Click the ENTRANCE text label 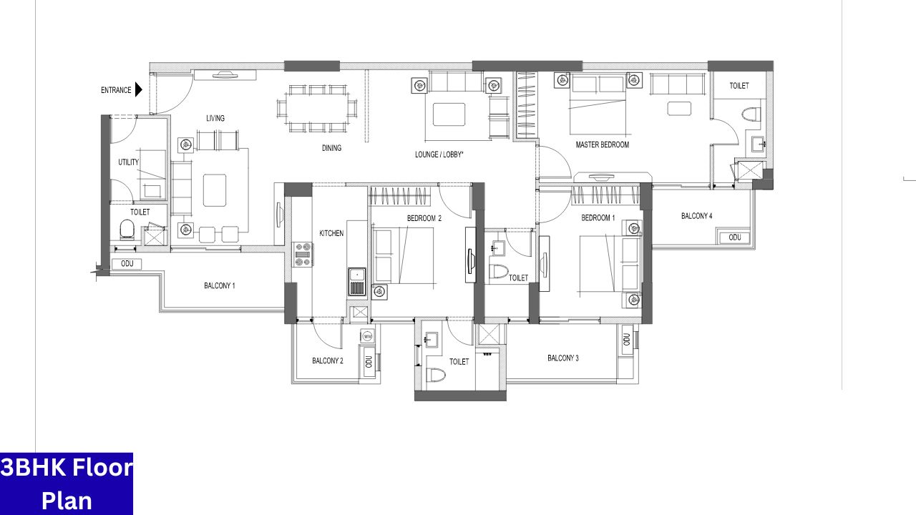[116, 90]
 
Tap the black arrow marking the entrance [139, 90]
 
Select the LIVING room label [215, 118]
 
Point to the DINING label [331, 148]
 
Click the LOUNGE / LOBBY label [439, 154]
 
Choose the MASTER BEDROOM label [603, 144]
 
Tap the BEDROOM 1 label [598, 217]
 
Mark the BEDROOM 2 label [424, 217]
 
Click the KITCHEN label [331, 233]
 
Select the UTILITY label [129, 162]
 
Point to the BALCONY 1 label [220, 285]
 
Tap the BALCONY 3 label [563, 358]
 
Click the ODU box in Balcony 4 [734, 237]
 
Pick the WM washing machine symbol [368, 335]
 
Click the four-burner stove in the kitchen [303, 255]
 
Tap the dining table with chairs [318, 109]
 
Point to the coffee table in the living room [214, 190]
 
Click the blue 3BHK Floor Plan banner [67, 484]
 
